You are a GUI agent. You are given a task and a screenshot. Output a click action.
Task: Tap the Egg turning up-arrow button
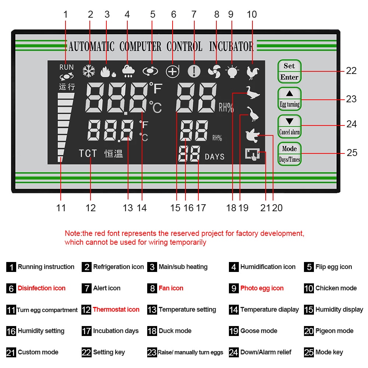tap(289, 98)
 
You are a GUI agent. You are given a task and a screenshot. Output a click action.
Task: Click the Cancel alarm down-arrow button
tap(289, 126)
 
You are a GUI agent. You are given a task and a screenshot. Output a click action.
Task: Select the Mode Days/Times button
tap(289, 154)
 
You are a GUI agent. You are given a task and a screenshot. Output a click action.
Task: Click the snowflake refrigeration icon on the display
tap(89, 71)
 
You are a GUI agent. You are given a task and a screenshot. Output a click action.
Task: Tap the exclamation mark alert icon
tap(194, 71)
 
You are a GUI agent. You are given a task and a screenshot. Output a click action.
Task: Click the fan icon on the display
tap(214, 71)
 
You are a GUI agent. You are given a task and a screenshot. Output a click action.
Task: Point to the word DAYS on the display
tap(215, 157)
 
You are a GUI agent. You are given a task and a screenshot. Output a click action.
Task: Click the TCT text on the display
tap(88, 153)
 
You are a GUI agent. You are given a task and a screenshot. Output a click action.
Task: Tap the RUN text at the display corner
tap(67, 67)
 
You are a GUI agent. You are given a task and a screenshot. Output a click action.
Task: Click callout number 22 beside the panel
tap(351, 71)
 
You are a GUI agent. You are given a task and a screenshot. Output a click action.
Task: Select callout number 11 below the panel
tap(61, 208)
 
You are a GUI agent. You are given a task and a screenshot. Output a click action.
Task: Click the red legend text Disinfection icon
tap(42, 288)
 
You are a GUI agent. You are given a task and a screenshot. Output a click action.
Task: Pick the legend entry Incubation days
tap(116, 331)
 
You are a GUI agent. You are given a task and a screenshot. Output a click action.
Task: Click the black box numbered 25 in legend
tap(309, 353)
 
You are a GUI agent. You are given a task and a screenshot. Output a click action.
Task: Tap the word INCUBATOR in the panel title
tap(231, 47)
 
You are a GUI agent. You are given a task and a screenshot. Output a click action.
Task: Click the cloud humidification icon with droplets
tap(128, 71)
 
